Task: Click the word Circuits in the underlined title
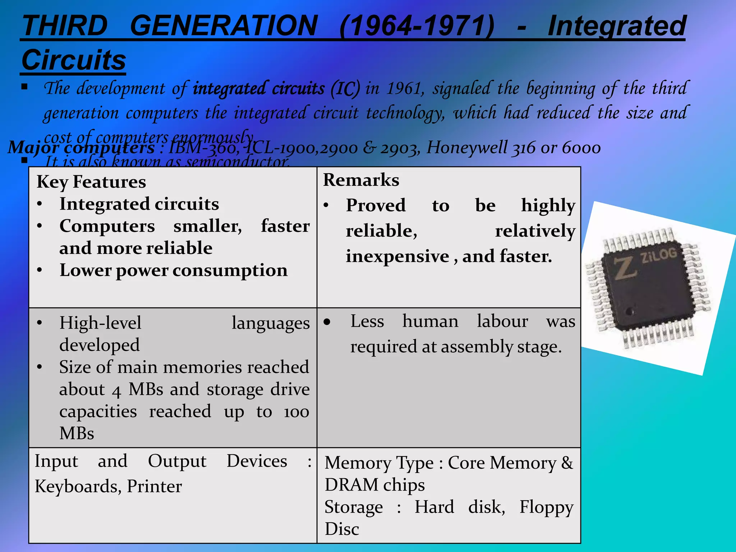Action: (74, 60)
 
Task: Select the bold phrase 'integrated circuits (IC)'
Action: (276, 89)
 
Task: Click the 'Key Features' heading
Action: (91, 182)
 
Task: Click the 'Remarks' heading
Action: (361, 180)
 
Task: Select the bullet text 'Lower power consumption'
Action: (173, 270)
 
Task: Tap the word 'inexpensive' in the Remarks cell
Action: (397, 257)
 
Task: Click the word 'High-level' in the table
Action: (100, 323)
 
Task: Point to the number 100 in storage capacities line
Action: (296, 412)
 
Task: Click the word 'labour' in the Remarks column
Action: (502, 321)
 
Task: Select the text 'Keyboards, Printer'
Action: (108, 486)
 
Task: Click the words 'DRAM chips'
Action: (374, 485)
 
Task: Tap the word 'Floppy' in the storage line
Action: (546, 507)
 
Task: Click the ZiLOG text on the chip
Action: (658, 256)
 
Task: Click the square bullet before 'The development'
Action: (24, 87)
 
